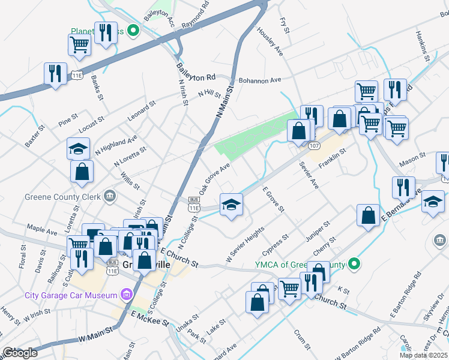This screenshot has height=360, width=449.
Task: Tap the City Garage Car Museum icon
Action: coord(127,295)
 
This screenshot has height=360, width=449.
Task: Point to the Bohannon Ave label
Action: coord(259,80)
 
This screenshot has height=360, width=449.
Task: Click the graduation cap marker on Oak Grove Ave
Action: coord(231,205)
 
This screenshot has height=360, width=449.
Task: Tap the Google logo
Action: coord(19,353)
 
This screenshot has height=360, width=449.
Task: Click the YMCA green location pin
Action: coord(354,263)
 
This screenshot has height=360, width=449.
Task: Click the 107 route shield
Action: coord(314,146)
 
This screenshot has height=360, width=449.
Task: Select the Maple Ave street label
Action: coord(41,229)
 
